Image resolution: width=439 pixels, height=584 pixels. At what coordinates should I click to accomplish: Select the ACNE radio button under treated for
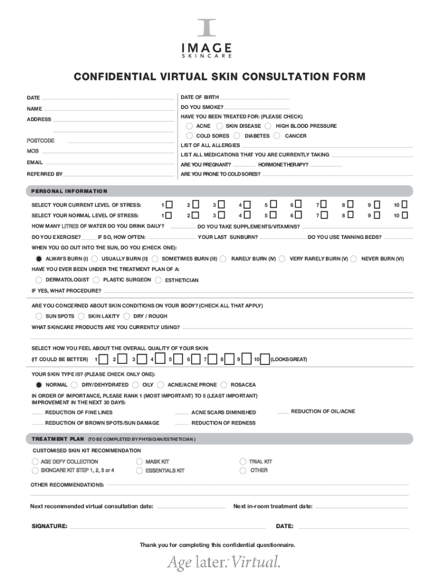point(189,126)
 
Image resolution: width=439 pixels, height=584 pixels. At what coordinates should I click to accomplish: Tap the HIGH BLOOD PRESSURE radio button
point(269,126)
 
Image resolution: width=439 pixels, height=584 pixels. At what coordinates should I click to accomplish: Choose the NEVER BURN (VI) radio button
point(354,259)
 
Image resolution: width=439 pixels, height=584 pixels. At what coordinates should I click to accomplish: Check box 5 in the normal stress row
point(274,216)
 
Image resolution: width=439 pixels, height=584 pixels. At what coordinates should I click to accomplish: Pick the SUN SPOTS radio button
point(38,316)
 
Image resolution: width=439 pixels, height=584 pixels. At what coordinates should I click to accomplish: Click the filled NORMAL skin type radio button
point(38,385)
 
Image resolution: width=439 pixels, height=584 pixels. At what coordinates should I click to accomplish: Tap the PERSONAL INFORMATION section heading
point(69,191)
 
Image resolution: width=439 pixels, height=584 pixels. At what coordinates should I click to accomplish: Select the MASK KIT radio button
point(139,461)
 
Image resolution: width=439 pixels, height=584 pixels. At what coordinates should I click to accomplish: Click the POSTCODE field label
point(40,140)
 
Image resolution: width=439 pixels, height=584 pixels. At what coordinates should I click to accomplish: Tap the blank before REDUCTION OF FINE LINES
point(37,413)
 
